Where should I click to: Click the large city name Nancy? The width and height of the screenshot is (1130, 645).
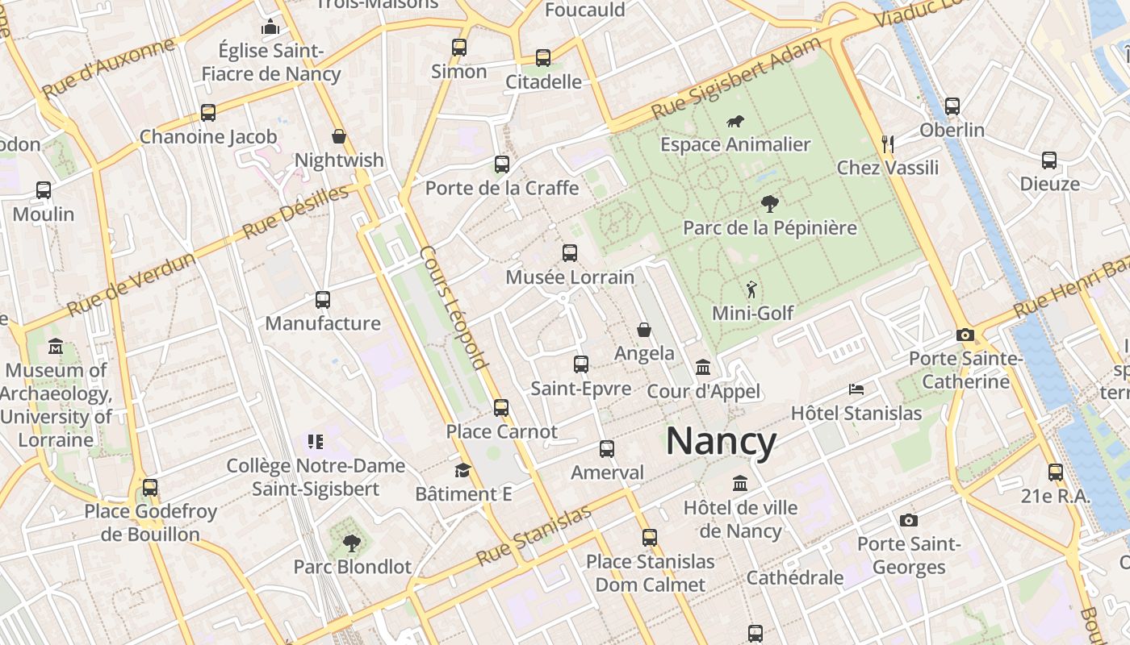[x=721, y=442]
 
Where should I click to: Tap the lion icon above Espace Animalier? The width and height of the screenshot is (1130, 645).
[x=735, y=122]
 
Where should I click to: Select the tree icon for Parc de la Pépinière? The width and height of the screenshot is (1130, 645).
[x=770, y=204]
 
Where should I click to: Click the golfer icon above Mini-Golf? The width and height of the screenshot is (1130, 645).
[x=752, y=289]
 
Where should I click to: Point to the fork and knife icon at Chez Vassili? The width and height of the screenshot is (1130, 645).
[x=888, y=144]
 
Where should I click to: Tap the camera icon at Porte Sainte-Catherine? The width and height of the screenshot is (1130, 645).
[x=965, y=335]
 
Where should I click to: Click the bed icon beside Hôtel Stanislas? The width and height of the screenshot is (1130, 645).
[x=856, y=389]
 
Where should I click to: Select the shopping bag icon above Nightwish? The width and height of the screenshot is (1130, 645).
[x=339, y=136]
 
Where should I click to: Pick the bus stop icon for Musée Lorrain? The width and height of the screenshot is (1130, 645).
[x=570, y=252]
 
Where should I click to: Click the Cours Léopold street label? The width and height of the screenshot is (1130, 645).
[x=454, y=307]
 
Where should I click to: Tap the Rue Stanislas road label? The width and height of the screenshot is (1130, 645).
[x=534, y=535]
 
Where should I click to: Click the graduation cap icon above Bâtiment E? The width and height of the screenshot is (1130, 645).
[x=462, y=470]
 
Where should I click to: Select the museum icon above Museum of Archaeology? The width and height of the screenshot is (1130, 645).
[x=56, y=347]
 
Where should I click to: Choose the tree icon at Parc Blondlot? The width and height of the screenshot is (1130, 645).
[x=351, y=543]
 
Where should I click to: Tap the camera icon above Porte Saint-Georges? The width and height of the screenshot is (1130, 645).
[x=909, y=520]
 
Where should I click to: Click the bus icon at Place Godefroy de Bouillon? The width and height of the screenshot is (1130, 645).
[x=150, y=488]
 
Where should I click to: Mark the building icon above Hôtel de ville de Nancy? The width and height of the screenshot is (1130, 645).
[x=740, y=484]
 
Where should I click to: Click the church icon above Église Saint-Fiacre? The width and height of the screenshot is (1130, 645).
[x=270, y=27]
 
